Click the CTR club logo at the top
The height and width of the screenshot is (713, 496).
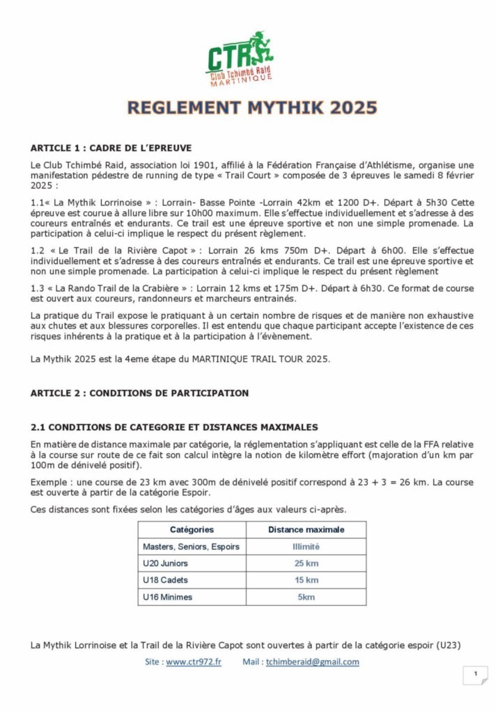[x=240, y=58]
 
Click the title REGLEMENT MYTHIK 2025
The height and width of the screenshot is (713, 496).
[x=252, y=108]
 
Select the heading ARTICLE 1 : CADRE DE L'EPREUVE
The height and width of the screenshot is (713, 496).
[x=111, y=148]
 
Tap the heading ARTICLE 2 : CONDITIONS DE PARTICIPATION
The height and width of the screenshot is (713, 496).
[x=139, y=393]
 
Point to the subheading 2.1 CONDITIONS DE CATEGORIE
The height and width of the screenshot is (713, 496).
[x=174, y=427]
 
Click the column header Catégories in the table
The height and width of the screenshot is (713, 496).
[x=192, y=530]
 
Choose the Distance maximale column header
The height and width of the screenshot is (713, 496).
[x=306, y=530]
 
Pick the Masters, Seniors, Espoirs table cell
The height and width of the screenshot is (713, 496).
[x=191, y=547]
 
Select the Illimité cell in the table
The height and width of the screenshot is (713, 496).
[x=306, y=547]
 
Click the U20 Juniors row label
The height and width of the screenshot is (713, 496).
[x=165, y=563]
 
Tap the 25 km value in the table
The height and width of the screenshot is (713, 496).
[x=306, y=563]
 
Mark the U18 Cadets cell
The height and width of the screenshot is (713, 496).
[x=165, y=580]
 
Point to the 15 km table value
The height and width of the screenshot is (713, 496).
[x=306, y=580]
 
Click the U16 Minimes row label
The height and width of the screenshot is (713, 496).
[x=167, y=597]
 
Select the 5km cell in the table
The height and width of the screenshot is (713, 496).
[x=306, y=597]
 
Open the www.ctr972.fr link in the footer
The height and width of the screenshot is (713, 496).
[x=194, y=661]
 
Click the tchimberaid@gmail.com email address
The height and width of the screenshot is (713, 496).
[x=312, y=661]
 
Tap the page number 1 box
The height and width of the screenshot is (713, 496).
[x=475, y=674]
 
